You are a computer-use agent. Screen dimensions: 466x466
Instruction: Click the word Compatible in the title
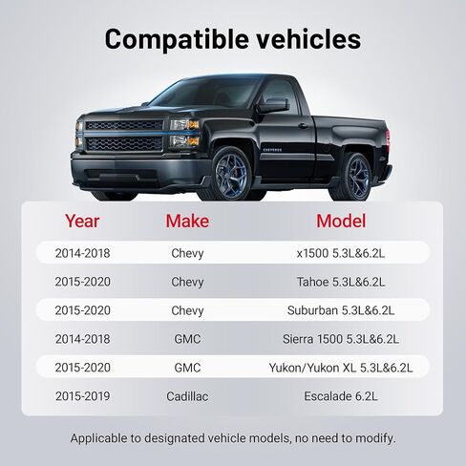point(177,39)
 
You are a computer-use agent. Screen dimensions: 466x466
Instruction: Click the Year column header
point(82,221)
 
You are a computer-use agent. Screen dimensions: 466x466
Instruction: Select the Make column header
point(187,221)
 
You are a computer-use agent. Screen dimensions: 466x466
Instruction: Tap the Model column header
point(341,221)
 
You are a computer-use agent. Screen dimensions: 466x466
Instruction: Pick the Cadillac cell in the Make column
point(187,396)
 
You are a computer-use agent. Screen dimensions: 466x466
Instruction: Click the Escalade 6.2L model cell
point(341,396)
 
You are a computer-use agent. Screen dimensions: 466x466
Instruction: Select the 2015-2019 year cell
point(82,396)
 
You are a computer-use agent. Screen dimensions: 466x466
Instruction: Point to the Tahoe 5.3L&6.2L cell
point(341,282)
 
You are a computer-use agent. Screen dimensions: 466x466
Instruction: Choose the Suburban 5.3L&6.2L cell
point(341,310)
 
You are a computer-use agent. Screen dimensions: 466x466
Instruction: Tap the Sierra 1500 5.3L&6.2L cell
point(341,339)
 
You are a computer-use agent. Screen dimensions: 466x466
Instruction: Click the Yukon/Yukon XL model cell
point(341,368)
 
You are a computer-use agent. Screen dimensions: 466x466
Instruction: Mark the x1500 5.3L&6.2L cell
point(341,253)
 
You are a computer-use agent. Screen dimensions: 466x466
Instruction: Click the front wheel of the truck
point(231,174)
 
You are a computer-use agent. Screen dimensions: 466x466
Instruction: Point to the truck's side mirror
point(273,106)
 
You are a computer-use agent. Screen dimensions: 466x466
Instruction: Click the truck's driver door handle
point(303,126)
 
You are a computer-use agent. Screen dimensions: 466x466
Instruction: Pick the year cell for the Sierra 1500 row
point(82,339)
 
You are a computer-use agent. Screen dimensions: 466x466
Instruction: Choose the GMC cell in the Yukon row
point(187,368)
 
